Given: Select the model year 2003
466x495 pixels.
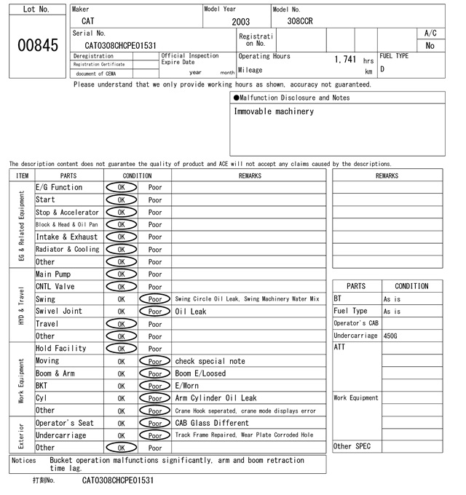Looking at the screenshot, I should [240, 22].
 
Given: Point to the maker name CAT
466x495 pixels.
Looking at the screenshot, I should [87, 21].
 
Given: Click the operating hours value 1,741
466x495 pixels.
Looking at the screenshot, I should [344, 58].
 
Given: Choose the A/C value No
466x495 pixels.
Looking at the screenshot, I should [430, 45].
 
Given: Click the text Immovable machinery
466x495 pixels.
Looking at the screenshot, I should [274, 112].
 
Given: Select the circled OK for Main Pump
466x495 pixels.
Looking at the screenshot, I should [121, 274].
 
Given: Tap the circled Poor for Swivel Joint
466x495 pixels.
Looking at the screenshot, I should [154, 312].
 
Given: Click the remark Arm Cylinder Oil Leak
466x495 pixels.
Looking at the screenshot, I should [216, 398].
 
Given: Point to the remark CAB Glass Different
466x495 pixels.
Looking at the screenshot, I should [212, 423].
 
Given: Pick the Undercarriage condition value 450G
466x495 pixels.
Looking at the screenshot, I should [391, 336].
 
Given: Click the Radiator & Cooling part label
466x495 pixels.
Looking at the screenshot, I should [68, 250].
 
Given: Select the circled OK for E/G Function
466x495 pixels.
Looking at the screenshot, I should [121, 188].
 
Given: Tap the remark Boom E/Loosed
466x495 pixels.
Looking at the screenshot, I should [200, 373].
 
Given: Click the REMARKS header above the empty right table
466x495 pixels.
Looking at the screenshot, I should [387, 175].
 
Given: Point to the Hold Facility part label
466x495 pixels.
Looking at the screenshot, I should [61, 349].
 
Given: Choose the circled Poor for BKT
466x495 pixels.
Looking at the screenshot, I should [154, 386].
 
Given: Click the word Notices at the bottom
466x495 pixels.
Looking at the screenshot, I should [25, 460].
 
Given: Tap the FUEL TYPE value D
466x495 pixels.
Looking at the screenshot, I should [382, 69].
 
